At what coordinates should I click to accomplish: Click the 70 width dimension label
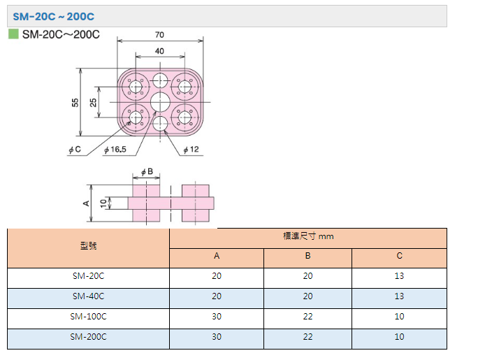[159, 35]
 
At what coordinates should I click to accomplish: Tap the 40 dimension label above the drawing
[159, 51]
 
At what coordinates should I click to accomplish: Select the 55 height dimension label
[75, 103]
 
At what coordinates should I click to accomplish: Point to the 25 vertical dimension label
[93, 103]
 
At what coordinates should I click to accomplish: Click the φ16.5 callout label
[115, 150]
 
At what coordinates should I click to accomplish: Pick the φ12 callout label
[191, 150]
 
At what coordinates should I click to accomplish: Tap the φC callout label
[75, 150]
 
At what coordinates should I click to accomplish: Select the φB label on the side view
[147, 172]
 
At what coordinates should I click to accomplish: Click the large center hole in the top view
[160, 103]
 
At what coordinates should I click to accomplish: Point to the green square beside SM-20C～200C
[13, 34]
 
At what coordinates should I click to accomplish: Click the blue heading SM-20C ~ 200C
[54, 17]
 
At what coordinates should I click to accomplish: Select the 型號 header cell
[89, 245]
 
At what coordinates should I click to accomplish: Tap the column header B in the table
[308, 256]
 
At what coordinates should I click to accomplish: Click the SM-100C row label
[89, 317]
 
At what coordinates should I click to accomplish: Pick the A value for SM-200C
[217, 337]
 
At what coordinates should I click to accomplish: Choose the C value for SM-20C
[399, 276]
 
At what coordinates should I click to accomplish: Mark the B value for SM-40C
[308, 296]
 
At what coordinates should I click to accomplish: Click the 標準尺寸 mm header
[308, 236]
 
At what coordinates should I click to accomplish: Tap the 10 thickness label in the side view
[103, 203]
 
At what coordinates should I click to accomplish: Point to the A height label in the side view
[86, 203]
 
